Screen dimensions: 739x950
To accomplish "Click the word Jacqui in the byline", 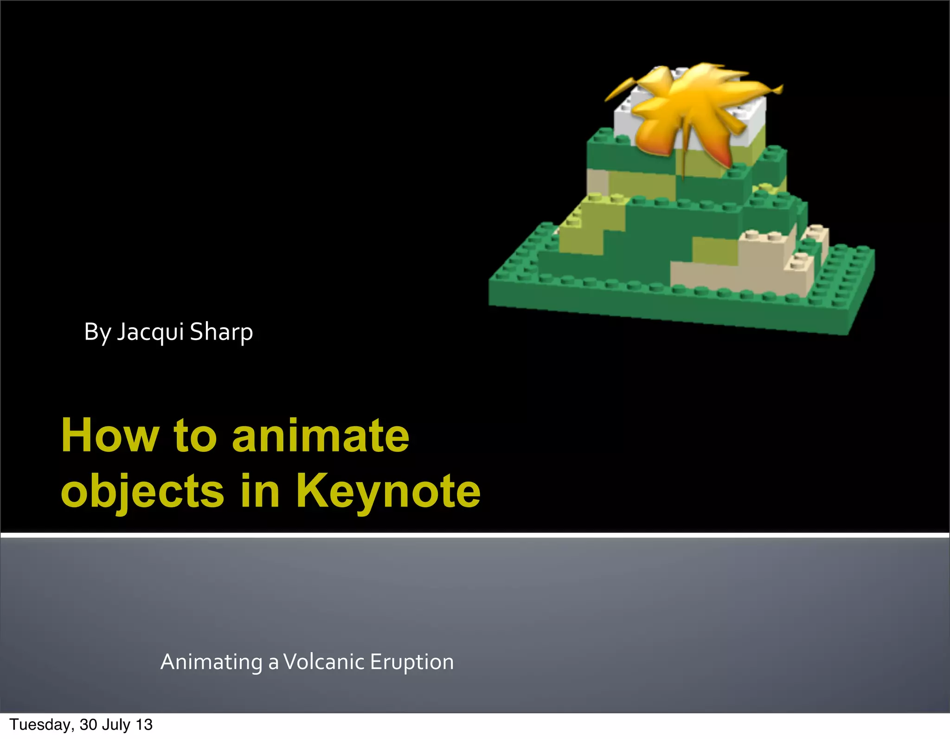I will [x=150, y=332].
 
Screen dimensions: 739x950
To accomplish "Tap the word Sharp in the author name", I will [x=221, y=332].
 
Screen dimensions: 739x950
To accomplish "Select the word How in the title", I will [x=109, y=436].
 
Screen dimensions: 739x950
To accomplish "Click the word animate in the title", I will [x=320, y=436].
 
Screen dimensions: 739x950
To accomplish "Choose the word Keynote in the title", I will [x=388, y=491].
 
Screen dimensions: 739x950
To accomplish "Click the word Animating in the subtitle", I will [x=212, y=662].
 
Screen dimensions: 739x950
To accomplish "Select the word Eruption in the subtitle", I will [x=411, y=662].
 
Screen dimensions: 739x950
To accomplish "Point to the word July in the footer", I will [x=120, y=725].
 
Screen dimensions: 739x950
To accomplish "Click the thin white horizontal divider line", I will [x=475, y=535].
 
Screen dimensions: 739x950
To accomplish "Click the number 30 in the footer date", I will [x=89, y=725].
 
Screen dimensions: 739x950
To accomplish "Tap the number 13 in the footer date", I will [x=144, y=725].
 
